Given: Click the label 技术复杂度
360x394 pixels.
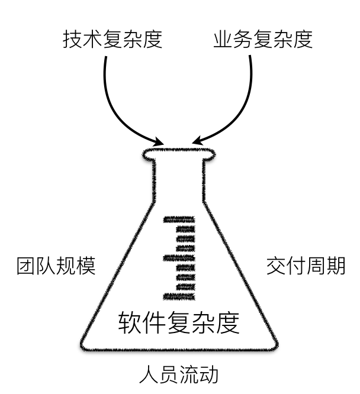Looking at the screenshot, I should [x=112, y=40].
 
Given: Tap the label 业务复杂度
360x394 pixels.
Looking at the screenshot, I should [x=262, y=40].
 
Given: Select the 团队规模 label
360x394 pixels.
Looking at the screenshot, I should [x=56, y=266].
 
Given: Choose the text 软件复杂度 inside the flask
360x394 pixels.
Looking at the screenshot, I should [x=179, y=323].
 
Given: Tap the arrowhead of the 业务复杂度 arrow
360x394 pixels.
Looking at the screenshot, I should [x=196, y=143].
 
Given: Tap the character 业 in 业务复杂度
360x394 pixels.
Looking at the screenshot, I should [x=223, y=40].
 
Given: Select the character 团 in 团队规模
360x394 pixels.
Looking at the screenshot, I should [x=25, y=266].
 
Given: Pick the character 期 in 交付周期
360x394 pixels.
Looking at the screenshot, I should [x=335, y=266].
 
